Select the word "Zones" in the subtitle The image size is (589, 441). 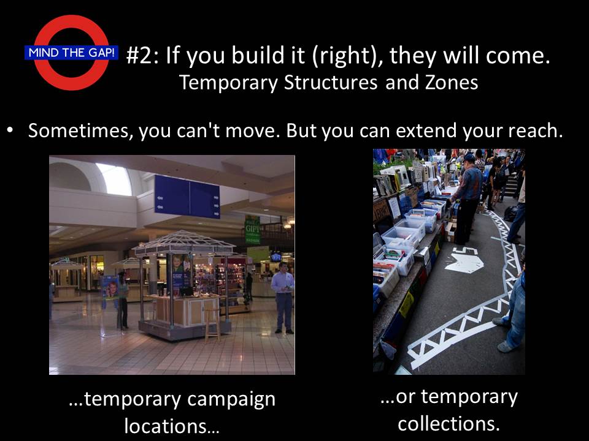452,82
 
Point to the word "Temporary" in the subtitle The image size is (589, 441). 228,83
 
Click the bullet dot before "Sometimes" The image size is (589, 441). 11,130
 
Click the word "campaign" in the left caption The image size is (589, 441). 231,400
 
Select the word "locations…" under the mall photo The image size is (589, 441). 172,426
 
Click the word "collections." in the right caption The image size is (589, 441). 449,424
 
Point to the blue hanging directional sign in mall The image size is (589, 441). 187,196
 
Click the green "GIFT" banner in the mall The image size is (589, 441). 252,230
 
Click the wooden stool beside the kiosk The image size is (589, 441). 212,323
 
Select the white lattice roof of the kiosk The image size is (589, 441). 184,242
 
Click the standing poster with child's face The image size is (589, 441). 110,288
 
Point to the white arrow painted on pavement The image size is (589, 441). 464,261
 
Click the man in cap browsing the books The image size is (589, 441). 467,198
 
